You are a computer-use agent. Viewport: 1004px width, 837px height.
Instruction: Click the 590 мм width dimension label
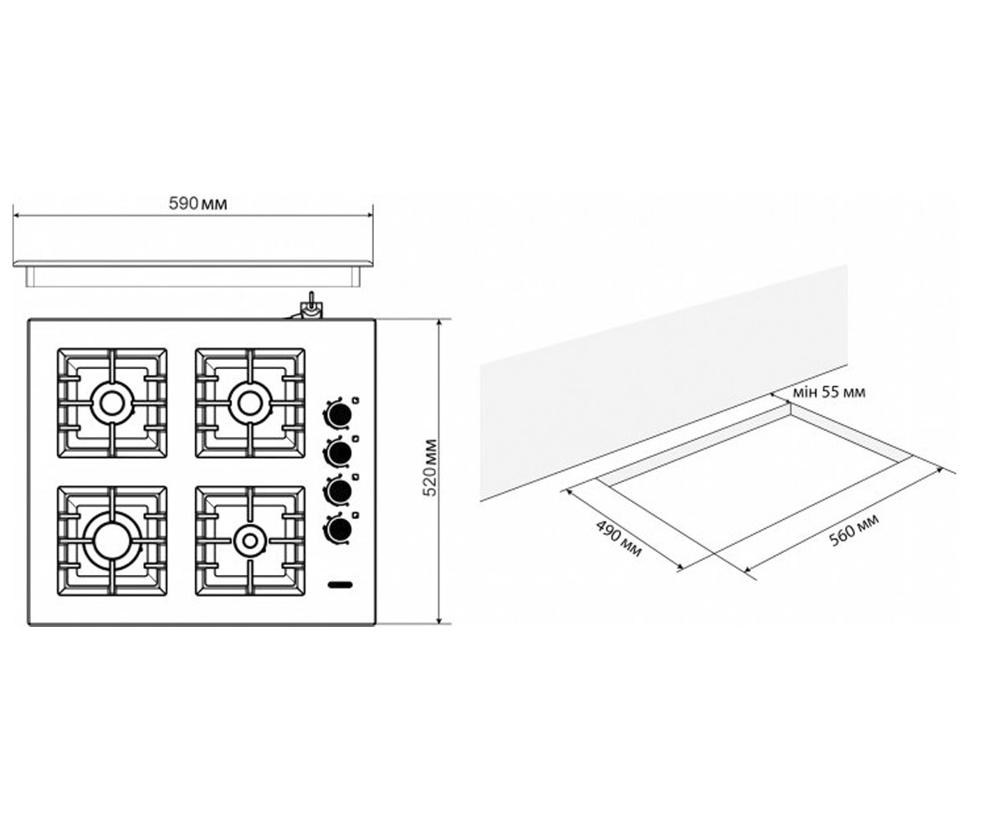(x=197, y=204)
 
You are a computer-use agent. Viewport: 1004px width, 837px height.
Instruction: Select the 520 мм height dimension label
(x=431, y=468)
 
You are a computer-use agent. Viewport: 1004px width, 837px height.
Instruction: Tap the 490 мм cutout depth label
(x=618, y=539)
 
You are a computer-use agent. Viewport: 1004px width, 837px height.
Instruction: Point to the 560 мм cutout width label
(x=854, y=530)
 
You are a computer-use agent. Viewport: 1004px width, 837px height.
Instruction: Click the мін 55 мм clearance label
(x=829, y=393)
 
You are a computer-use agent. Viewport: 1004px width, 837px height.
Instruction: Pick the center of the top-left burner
(x=112, y=403)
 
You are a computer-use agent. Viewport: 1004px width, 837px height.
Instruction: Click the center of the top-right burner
(x=250, y=403)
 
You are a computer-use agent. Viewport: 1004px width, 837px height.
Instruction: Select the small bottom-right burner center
(x=250, y=541)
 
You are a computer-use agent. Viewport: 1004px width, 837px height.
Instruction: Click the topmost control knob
(x=340, y=413)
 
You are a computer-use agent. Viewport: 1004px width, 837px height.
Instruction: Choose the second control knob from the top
(x=340, y=452)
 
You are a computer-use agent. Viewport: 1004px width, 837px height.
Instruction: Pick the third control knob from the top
(x=340, y=490)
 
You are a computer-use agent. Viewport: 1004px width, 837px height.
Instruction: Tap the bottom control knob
(x=340, y=529)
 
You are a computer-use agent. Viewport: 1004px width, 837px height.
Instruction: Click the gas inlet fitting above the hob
(x=310, y=307)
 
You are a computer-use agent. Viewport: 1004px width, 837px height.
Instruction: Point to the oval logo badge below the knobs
(x=340, y=585)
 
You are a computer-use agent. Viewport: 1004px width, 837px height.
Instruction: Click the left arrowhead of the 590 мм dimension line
(x=16, y=215)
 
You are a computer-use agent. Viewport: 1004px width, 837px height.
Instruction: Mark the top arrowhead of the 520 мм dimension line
(x=438, y=322)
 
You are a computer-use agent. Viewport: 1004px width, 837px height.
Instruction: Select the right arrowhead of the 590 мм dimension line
(x=371, y=215)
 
